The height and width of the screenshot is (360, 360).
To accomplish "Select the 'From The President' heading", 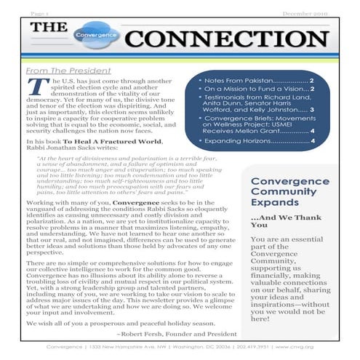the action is pos(65,71).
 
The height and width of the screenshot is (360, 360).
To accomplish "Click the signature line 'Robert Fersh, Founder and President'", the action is pos(167,333).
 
